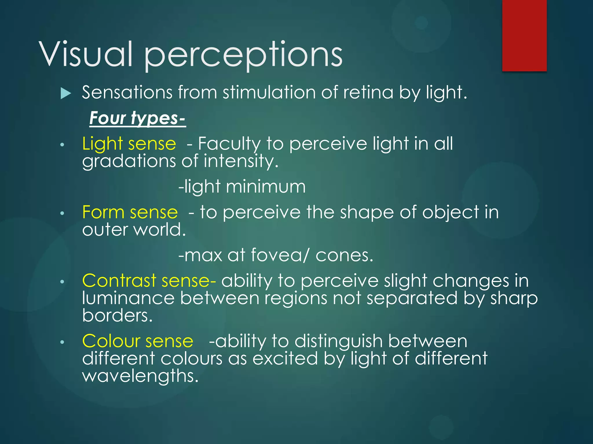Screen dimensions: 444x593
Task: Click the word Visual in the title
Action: coord(86,54)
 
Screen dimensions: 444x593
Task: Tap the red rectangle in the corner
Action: coord(524,35)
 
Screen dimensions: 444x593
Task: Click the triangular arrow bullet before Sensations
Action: coord(66,94)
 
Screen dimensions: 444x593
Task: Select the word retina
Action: coord(368,92)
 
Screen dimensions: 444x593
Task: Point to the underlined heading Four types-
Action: coord(137,118)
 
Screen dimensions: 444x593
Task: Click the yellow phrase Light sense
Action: coord(129,144)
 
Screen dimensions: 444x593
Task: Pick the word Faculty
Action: coord(229,144)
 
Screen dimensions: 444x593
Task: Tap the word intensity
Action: coord(241,161)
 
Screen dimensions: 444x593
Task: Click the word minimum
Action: coord(266,186)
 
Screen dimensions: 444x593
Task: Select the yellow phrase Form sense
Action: coord(130,212)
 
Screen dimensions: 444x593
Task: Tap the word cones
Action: coord(344,255)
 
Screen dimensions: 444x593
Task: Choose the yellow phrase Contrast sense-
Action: coord(149,281)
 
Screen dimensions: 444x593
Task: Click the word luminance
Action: coord(128,298)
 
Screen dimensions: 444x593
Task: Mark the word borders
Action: coord(117,315)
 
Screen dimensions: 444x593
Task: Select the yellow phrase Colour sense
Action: coord(138,341)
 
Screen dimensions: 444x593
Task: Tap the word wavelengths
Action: coord(140,376)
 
